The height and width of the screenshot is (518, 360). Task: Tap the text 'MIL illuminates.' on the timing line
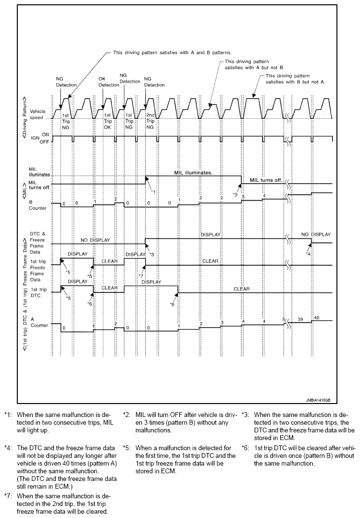pyautogui.click(x=193, y=172)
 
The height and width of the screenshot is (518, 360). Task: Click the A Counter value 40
pyautogui.click(x=317, y=318)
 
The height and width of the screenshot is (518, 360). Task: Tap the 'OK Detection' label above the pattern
pyautogui.click(x=108, y=82)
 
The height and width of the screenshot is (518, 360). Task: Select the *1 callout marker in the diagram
pyautogui.click(x=153, y=192)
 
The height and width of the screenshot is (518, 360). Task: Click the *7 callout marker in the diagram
pyautogui.click(x=141, y=276)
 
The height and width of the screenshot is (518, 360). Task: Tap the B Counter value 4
pyautogui.click(x=263, y=196)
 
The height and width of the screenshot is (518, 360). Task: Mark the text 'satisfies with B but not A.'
pyautogui.click(x=295, y=82)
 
